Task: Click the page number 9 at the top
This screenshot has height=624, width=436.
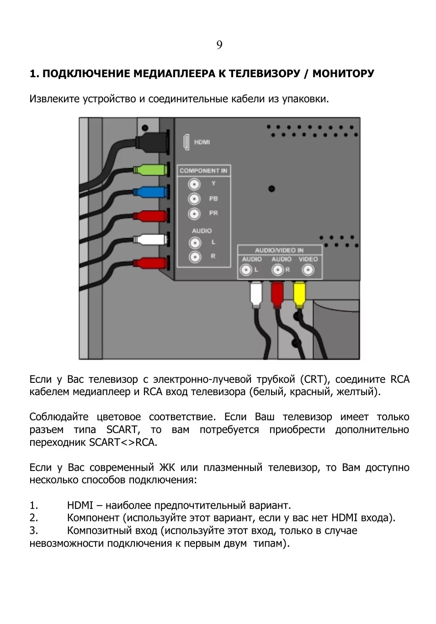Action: pyautogui.click(x=219, y=45)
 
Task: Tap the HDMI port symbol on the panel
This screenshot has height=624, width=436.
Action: pyautogui.click(x=186, y=142)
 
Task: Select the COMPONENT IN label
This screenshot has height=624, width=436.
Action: pyautogui.click(x=203, y=171)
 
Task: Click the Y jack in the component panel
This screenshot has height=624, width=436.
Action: pyautogui.click(x=195, y=184)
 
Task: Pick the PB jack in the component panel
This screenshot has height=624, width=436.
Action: pyautogui.click(x=195, y=199)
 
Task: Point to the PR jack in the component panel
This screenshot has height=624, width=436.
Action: pyautogui.click(x=195, y=213)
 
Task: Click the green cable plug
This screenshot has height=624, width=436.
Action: pyautogui.click(x=149, y=170)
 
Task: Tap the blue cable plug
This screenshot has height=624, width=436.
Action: pyautogui.click(x=149, y=192)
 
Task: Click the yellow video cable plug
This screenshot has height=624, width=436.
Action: pyautogui.click(x=299, y=295)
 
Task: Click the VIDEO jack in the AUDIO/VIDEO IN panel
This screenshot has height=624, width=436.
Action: pyautogui.click(x=308, y=270)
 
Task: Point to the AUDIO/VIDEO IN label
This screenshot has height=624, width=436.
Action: pyautogui.click(x=279, y=250)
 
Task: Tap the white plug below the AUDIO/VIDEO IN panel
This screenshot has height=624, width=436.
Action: pyautogui.click(x=256, y=295)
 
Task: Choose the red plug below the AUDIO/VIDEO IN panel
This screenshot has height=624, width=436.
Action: pyautogui.click(x=277, y=295)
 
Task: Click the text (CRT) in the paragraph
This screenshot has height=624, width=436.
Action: pyautogui.click(x=314, y=380)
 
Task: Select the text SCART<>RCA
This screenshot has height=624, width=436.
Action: pyautogui.click(x=123, y=443)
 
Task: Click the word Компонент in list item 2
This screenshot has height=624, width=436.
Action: pyautogui.click(x=93, y=518)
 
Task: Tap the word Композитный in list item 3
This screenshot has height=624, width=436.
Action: pyautogui.click(x=99, y=531)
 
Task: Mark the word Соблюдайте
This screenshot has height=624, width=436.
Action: pyautogui.click(x=59, y=417)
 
